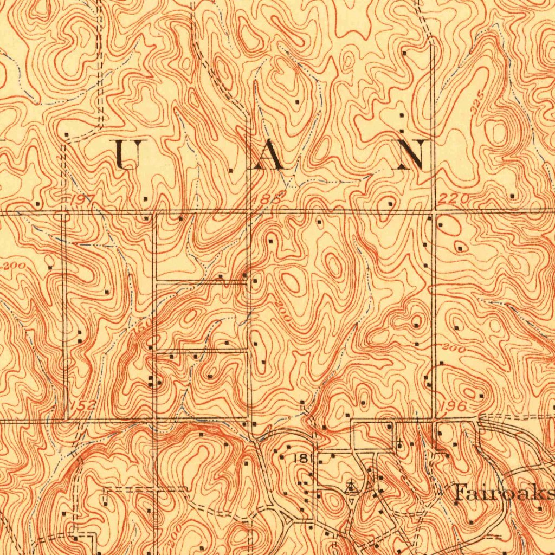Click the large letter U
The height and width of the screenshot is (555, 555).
point(130,154)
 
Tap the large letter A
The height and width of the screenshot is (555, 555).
point(266,156)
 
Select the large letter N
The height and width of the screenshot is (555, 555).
point(414,154)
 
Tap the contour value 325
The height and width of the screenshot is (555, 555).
point(477,108)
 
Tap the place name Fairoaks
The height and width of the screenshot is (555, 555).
point(502,493)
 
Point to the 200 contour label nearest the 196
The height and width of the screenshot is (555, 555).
point(454,349)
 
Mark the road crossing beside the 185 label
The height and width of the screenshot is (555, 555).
point(249,212)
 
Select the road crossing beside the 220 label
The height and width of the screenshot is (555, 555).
point(433,211)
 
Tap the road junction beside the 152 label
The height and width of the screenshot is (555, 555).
point(67,420)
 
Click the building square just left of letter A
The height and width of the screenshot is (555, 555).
point(231,170)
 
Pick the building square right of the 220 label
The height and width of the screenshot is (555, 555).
point(512,195)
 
